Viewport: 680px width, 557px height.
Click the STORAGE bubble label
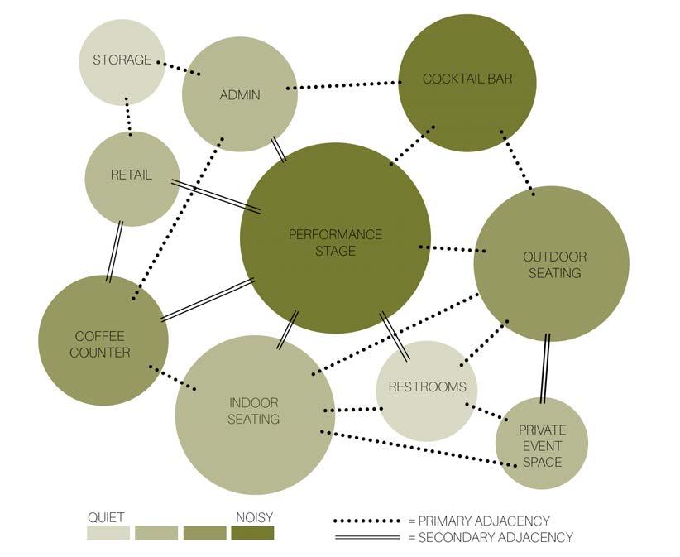click(122, 60)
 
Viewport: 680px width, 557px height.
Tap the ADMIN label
click(239, 95)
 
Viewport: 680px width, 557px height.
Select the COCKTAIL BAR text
click(467, 79)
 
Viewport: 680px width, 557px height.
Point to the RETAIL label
click(132, 175)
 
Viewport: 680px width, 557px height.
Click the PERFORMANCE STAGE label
click(335, 242)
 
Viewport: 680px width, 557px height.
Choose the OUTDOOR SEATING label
click(552, 265)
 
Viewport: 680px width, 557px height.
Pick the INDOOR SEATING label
click(254, 411)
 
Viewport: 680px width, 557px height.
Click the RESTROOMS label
click(427, 387)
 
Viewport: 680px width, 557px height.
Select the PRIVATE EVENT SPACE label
click(542, 446)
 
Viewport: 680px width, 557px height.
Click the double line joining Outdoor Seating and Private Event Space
click(544, 369)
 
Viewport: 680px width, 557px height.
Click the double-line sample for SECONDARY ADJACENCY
click(367, 537)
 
